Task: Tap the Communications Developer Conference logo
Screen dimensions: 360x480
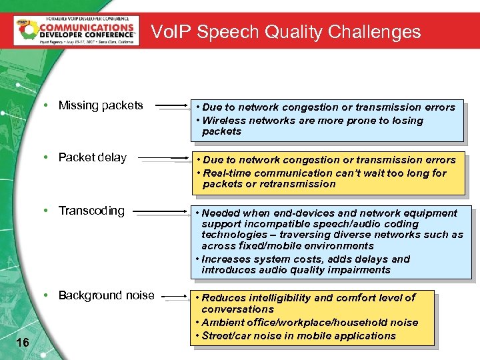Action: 77,30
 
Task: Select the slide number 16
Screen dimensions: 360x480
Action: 22,343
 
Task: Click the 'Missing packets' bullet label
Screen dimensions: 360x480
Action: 100,105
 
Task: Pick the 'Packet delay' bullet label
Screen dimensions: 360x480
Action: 92,157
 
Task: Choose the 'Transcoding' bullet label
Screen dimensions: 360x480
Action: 91,211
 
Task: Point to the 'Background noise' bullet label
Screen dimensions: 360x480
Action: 106,295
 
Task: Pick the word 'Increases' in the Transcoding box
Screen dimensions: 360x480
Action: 225,259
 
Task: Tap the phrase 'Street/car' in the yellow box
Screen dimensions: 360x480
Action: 227,336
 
